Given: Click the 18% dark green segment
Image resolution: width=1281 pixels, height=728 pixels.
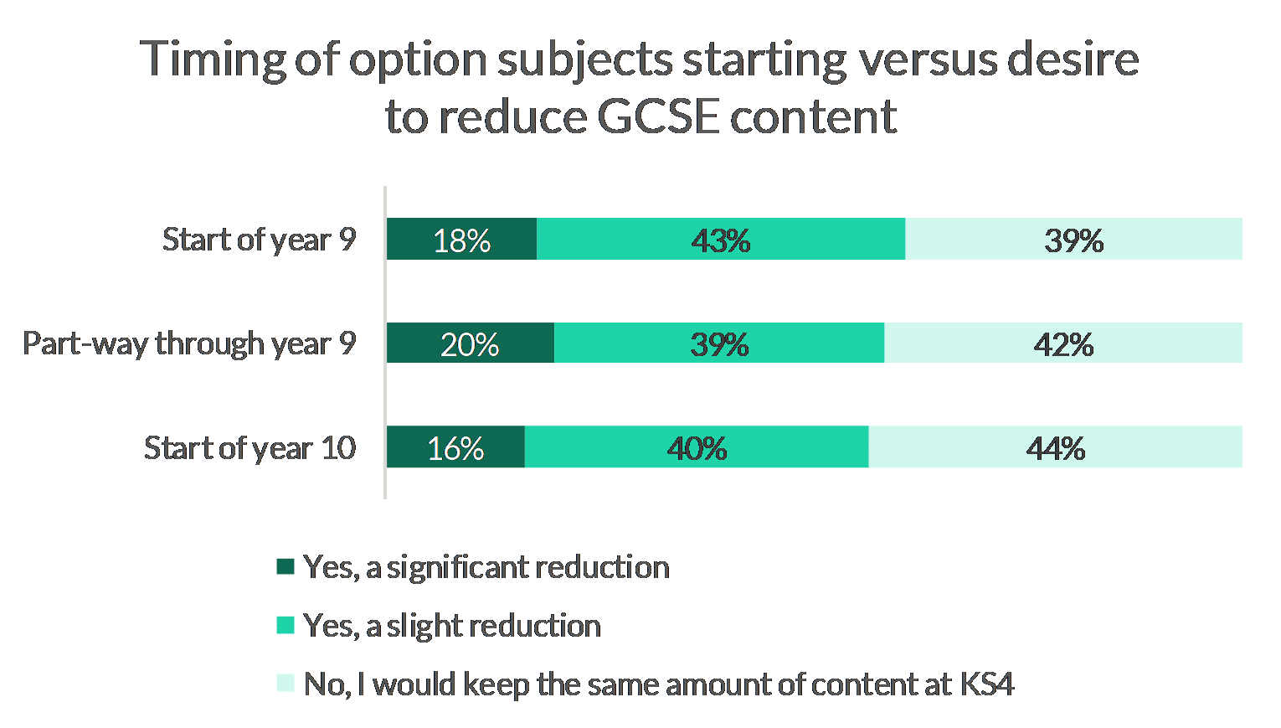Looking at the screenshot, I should [461, 240].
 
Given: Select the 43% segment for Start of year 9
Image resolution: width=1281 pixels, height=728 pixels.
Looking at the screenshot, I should [720, 240].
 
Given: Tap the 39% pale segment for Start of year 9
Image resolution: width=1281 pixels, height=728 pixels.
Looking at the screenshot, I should [1073, 240].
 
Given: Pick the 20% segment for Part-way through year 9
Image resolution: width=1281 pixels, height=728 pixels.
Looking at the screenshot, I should [470, 343].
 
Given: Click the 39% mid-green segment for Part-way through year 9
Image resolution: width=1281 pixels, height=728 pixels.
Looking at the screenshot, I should [719, 343].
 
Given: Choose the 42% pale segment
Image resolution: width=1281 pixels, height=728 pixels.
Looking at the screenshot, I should [1063, 343].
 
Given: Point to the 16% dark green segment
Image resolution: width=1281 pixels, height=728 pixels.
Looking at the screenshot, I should [455, 447].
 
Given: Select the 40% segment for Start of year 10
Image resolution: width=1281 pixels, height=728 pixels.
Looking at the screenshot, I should [697, 447].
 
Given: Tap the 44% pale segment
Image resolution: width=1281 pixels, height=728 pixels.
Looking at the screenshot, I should [1055, 447].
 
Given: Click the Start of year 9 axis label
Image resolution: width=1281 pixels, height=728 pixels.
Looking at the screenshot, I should [260, 240].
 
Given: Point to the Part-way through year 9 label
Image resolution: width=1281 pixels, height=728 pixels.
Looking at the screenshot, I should [189, 343].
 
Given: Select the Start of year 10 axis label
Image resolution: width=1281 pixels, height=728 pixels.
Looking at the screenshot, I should [250, 447].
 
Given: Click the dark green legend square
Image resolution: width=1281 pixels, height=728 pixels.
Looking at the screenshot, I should [286, 566].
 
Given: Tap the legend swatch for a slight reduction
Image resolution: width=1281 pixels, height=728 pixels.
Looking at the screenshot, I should [286, 625].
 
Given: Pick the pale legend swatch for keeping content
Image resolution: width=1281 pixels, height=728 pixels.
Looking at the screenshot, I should [286, 684].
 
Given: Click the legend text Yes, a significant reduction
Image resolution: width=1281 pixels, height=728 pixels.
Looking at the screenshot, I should [486, 567].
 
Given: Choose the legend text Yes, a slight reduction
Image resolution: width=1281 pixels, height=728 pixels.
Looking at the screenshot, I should [452, 626].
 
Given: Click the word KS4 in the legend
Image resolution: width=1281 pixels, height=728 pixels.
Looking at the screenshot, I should [987, 684].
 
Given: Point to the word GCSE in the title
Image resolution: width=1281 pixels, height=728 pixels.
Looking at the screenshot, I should [658, 116].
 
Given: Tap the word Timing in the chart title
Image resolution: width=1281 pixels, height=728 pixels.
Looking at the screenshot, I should [213, 60].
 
